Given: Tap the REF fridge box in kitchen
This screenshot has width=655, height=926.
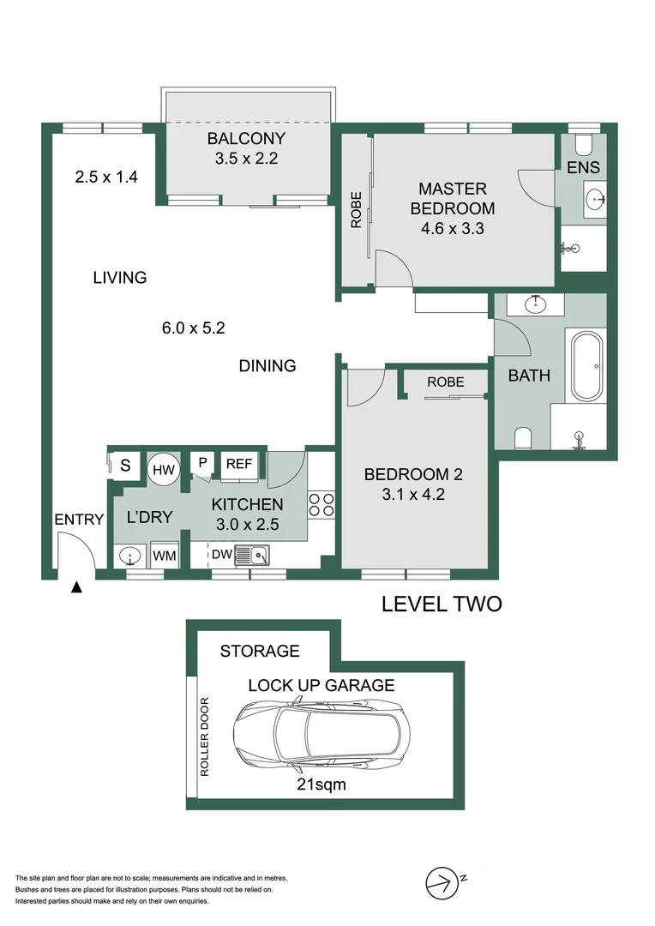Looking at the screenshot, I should (238, 464).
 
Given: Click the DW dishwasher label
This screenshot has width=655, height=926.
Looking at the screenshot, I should (222, 555).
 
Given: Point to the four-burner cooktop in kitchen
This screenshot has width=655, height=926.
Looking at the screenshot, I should (321, 505).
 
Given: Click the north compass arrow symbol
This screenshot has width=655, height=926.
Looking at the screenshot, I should (441, 881).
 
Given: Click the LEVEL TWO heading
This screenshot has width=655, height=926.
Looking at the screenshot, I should (441, 604).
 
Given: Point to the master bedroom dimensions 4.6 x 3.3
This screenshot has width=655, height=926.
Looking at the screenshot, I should (452, 229).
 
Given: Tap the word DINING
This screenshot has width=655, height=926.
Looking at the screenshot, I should (267, 366).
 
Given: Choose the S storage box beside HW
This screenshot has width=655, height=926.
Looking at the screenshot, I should (125, 466).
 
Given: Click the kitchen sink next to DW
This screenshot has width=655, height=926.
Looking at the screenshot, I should (255, 555).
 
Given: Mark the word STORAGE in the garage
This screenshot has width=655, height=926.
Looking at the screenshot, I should (260, 652).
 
